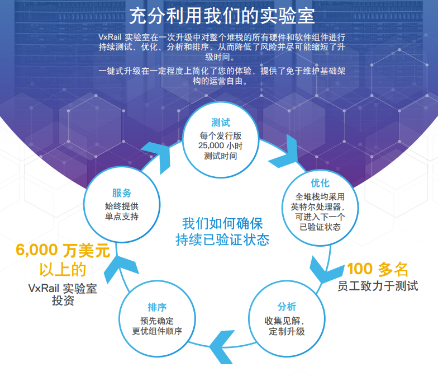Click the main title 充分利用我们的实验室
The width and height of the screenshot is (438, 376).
coord(222,16)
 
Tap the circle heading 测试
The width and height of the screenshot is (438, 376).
coord(221,123)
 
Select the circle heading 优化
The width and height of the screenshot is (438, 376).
coord(320,184)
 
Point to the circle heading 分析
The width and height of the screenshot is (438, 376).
coord(287,307)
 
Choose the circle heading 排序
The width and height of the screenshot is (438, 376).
coord(157,307)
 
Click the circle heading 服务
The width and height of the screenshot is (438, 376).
coord(122,193)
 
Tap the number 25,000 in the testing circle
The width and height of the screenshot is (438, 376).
coord(211,145)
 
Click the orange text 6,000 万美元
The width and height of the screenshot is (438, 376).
coord(63,250)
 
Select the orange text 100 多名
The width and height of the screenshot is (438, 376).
coord(378,269)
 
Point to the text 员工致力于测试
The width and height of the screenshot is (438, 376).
coord(378,286)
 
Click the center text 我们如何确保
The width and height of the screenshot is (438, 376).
coord(222,223)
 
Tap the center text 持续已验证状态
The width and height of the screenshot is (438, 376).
coord(222,239)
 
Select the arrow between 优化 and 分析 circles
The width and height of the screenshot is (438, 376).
coord(326,270)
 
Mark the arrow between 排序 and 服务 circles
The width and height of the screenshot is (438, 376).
coord(121,268)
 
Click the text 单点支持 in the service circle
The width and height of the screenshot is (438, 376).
coord(122,216)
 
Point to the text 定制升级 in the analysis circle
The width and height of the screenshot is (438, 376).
coord(287,331)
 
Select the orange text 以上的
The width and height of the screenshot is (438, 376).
coord(63,270)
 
